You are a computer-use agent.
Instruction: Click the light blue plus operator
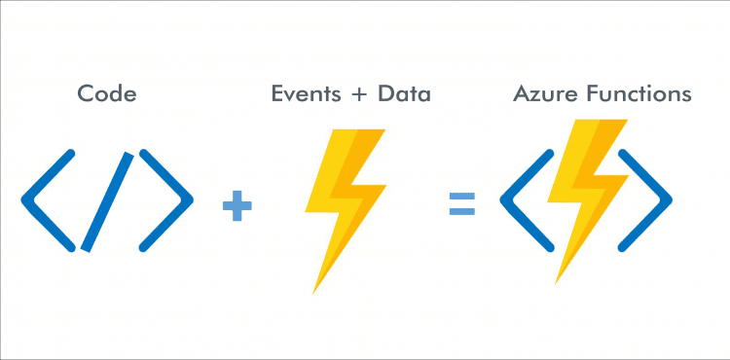click(237, 205)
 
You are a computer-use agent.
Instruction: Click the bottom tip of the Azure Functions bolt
click(558, 281)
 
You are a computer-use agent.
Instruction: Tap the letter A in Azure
click(521, 94)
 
